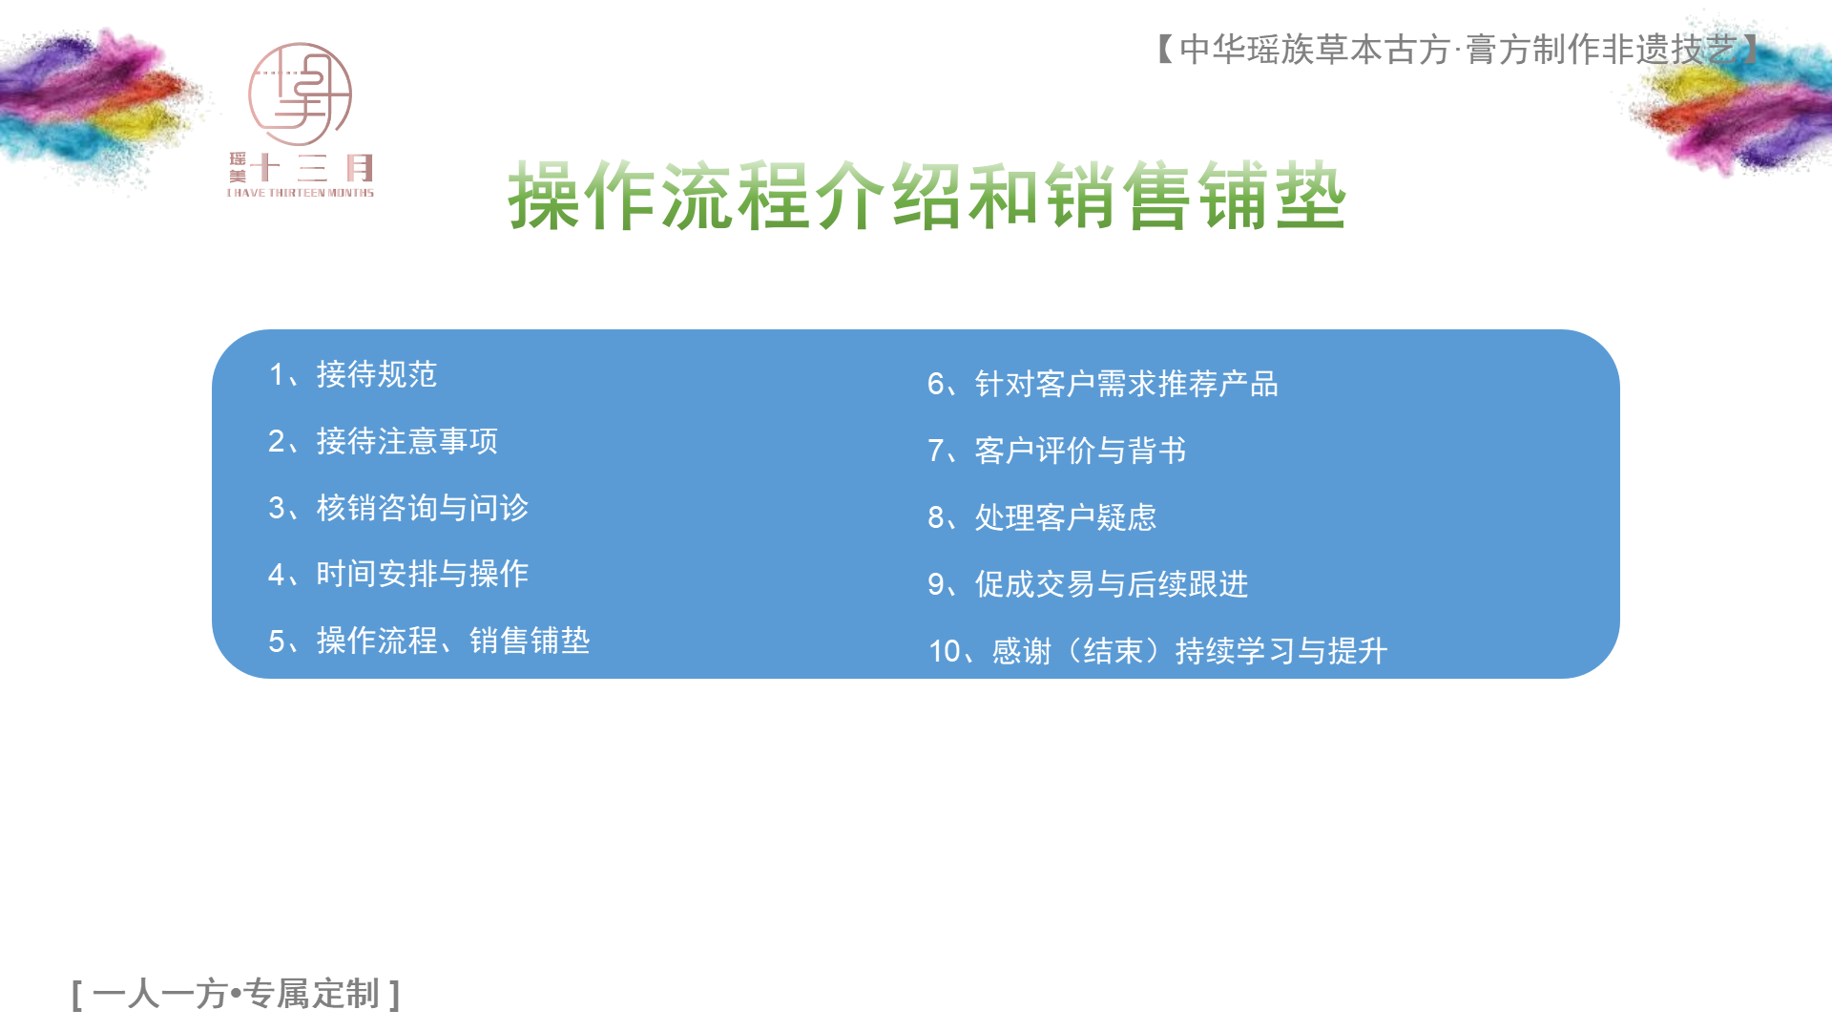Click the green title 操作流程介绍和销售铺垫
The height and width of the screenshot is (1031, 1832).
click(x=926, y=196)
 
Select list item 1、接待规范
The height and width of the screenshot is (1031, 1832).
click(x=353, y=374)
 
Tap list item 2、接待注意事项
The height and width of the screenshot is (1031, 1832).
click(x=383, y=441)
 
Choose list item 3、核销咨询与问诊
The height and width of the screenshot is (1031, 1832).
click(x=398, y=508)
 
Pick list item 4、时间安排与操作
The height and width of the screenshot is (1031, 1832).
click(x=398, y=574)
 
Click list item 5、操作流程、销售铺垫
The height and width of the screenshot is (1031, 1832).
click(x=429, y=641)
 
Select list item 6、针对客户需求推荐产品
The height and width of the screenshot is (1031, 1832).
click(x=1103, y=384)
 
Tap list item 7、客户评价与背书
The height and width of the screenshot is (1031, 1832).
click(x=1057, y=451)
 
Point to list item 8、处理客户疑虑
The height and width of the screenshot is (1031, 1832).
click(x=1042, y=517)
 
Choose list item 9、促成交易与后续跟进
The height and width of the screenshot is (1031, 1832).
click(x=1088, y=584)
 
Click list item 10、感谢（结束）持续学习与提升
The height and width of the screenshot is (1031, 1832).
click(x=1158, y=651)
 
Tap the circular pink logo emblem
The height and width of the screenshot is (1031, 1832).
click(x=300, y=95)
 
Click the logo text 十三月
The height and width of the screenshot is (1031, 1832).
click(x=312, y=169)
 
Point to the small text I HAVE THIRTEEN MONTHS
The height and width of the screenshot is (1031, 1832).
click(x=301, y=193)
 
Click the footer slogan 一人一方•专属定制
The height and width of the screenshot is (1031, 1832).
click(x=237, y=994)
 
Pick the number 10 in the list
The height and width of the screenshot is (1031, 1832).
click(x=945, y=652)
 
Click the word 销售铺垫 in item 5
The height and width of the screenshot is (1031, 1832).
click(x=530, y=641)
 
